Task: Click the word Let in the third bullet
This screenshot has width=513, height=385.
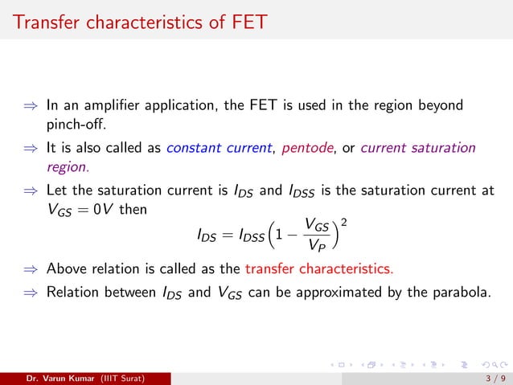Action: (56, 190)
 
